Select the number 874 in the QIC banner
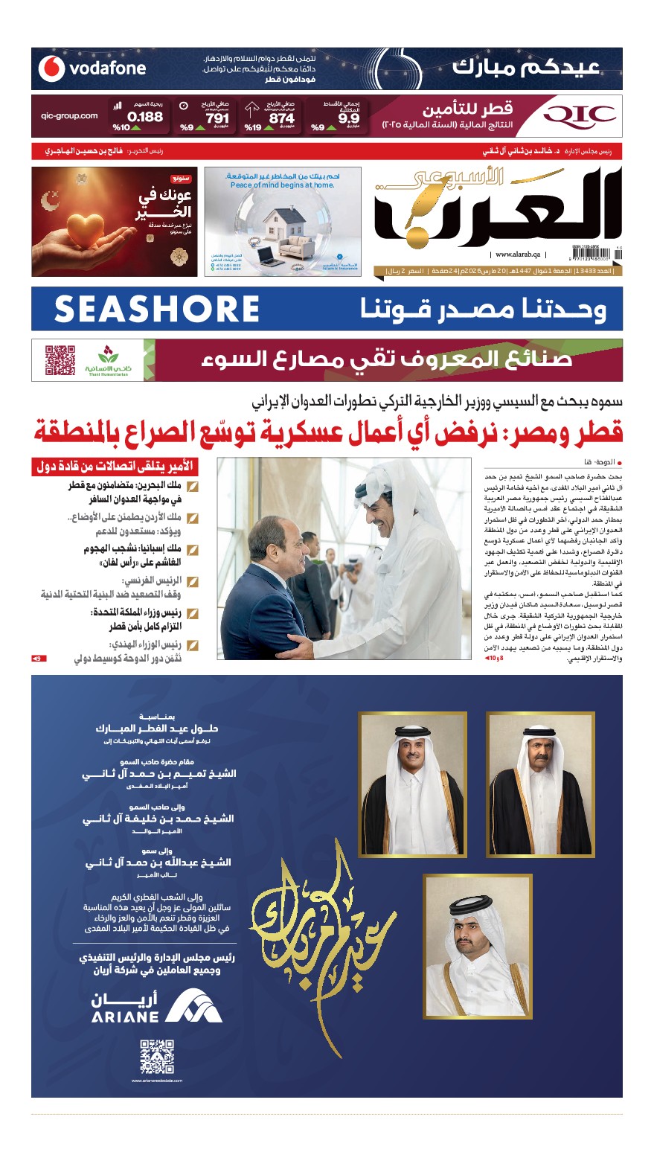pos(281,118)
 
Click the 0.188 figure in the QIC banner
pos(144,117)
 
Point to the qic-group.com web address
pos(70,116)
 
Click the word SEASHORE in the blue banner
pos(156,309)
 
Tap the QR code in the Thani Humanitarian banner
pos(60,359)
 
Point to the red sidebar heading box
pos(115,467)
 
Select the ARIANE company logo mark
pos(193,1007)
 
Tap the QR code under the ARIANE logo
pos(157,1057)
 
